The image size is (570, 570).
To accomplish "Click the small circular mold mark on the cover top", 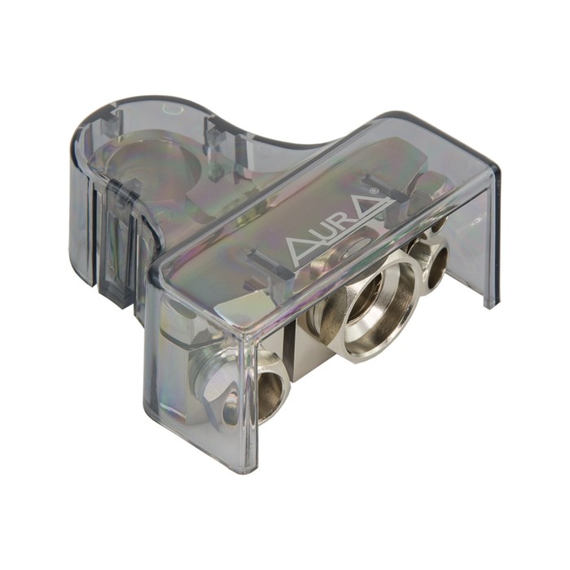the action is (173, 108).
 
